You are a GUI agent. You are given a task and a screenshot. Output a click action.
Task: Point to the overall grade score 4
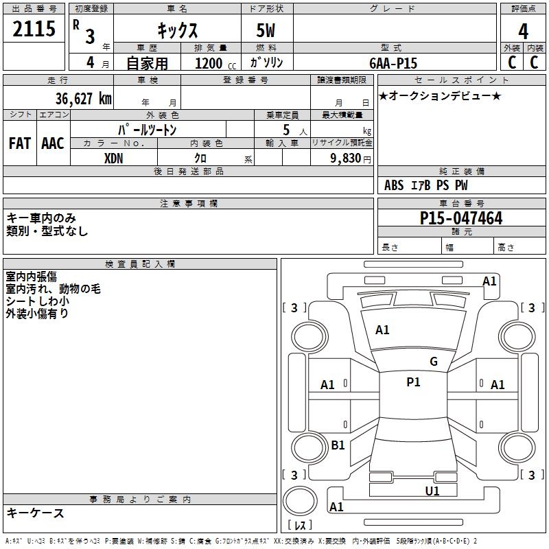click(524, 31)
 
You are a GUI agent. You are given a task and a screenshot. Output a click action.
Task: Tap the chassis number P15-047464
click(461, 218)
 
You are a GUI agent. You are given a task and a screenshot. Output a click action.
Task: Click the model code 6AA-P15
click(393, 62)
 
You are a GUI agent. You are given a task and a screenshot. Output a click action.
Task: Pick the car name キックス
click(177, 31)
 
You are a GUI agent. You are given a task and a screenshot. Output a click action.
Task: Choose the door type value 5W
click(267, 31)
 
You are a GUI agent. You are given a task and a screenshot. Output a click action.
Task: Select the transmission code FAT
click(19, 143)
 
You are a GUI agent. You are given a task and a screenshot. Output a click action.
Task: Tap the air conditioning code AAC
click(52, 143)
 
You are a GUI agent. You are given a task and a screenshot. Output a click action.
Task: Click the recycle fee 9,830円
click(350, 158)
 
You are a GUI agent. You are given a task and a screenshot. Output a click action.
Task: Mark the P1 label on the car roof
click(413, 382)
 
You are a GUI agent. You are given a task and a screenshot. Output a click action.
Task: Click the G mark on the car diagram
click(434, 362)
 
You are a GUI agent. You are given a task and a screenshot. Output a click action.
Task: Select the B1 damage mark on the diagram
click(338, 445)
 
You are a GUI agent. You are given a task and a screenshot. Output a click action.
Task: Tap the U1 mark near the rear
click(432, 491)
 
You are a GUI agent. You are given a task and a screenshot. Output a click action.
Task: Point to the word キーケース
click(35, 513)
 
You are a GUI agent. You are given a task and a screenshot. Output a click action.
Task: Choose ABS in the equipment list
click(394, 185)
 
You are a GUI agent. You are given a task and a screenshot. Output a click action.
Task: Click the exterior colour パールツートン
click(148, 129)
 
